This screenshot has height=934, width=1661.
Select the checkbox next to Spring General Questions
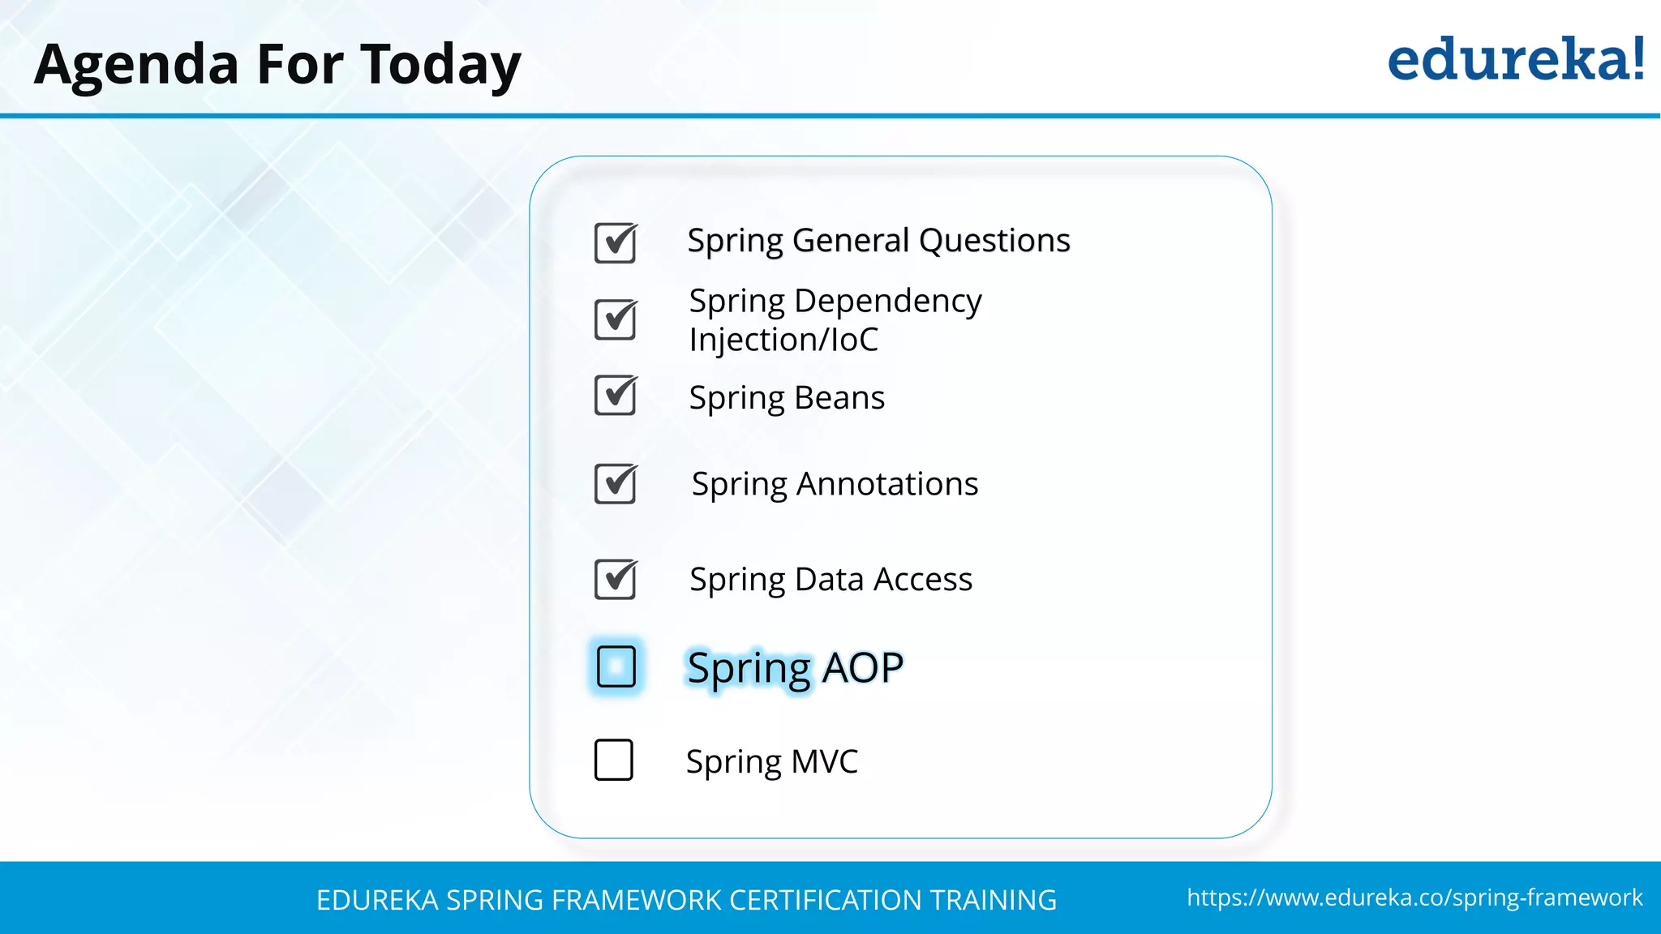(616, 243)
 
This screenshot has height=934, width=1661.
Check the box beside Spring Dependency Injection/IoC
(616, 319)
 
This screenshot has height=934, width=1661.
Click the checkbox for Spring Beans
(616, 396)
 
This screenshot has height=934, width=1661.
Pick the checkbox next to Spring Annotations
(616, 484)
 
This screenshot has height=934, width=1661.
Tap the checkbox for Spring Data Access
(616, 580)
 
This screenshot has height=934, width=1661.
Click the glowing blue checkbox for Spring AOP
(616, 666)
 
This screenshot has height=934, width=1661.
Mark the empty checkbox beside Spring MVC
(613, 760)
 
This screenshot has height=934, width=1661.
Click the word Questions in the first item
(994, 241)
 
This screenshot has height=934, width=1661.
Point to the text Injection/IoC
(783, 340)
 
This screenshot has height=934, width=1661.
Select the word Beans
(839, 398)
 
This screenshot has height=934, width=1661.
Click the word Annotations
(887, 484)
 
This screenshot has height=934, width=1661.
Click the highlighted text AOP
(862, 668)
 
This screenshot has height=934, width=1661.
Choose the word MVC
(824, 762)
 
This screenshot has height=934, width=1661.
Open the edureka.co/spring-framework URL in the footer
(1414, 898)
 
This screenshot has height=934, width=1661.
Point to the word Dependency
(887, 302)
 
